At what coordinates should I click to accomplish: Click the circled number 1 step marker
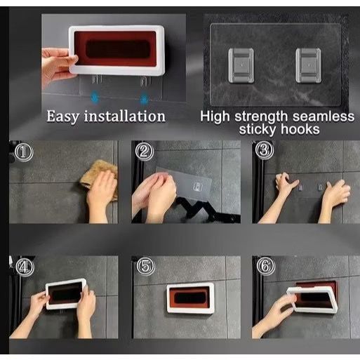coord(24,152)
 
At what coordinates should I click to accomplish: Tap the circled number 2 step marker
coord(145,152)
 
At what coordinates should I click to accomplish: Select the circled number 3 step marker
coord(265,150)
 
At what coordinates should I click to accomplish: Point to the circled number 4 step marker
coord(25,267)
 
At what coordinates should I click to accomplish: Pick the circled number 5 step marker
coord(145,266)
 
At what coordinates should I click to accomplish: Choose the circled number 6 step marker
coord(266,266)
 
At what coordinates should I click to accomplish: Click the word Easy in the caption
coord(63,116)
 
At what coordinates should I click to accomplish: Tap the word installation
coord(125,116)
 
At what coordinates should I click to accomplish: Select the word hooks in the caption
coord(300,129)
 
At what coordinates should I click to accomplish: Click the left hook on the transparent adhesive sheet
coord(241,65)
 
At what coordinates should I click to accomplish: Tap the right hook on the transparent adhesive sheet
coord(308,65)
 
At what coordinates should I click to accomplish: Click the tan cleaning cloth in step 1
coord(100,178)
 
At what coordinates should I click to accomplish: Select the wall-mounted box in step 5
coord(190,298)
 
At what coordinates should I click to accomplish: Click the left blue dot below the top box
coord(95,98)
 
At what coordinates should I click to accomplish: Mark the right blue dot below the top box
coord(145,98)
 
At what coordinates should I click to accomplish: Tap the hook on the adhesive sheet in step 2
coord(198,187)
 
